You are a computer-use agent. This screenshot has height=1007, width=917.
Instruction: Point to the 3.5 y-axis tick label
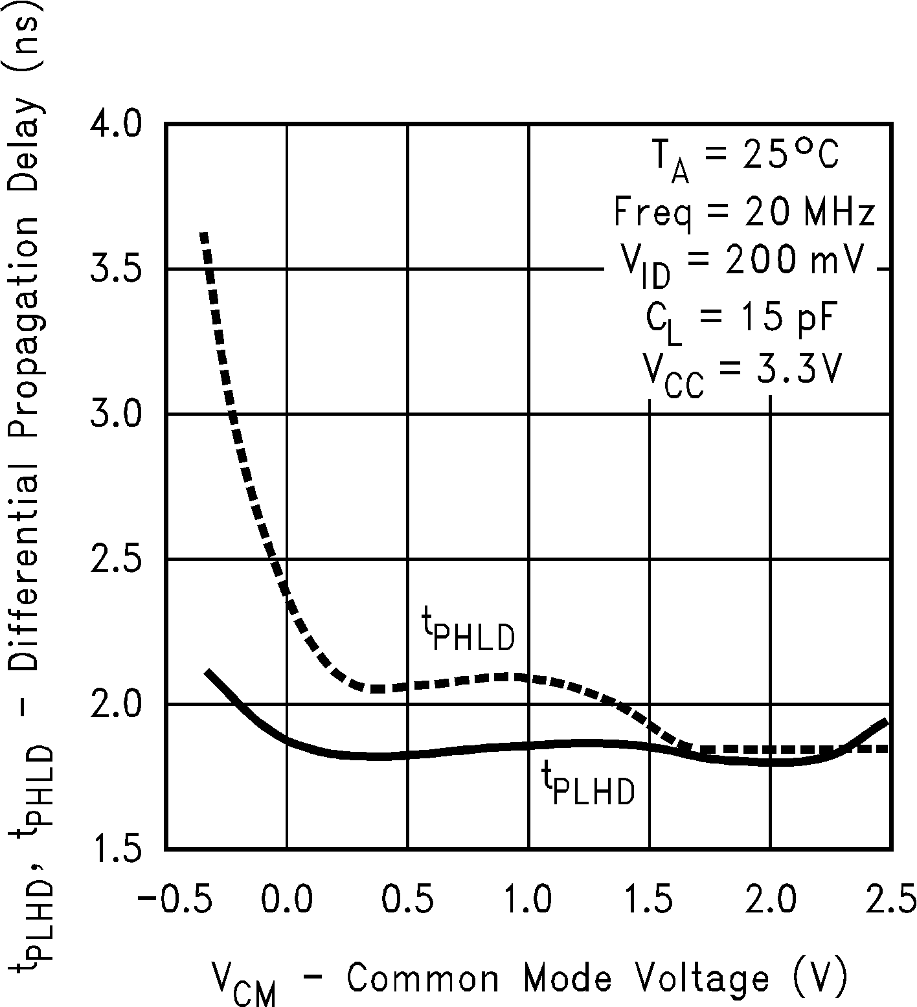(x=114, y=269)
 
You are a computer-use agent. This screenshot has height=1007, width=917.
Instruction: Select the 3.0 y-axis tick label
(x=114, y=414)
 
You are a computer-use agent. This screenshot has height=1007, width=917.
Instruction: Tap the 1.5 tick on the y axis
(x=114, y=848)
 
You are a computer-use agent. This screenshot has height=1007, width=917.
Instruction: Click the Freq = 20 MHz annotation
(x=744, y=212)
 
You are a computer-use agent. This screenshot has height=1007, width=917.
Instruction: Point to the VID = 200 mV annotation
(x=743, y=266)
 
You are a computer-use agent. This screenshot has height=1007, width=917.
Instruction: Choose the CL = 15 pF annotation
(x=739, y=320)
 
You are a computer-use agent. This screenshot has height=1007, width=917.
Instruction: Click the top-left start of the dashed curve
(x=204, y=234)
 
